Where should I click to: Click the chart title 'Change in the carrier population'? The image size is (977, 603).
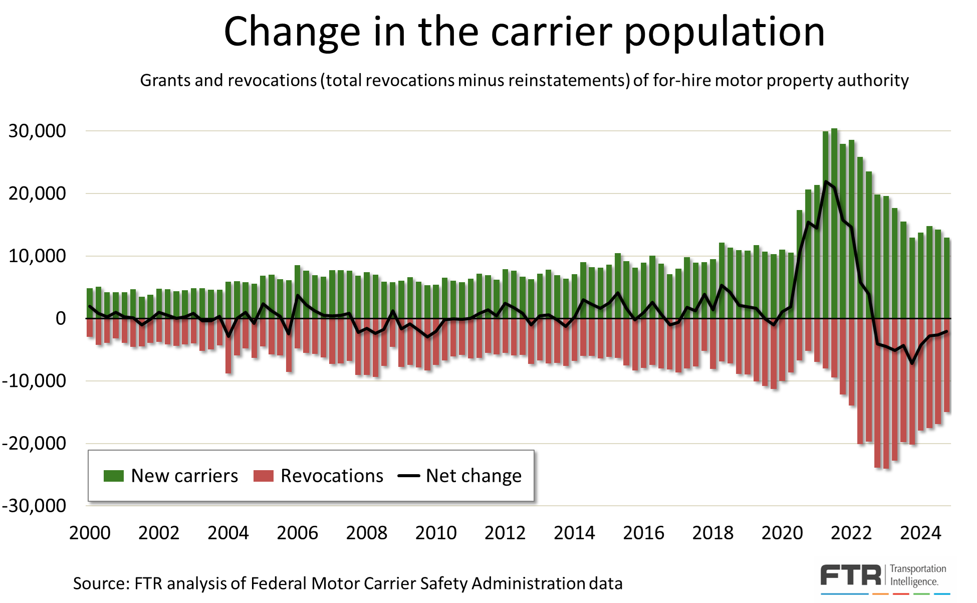pyautogui.click(x=524, y=32)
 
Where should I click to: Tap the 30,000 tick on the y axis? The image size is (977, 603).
pyautogui.click(x=37, y=131)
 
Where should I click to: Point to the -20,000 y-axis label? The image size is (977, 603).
pyautogui.click(x=34, y=444)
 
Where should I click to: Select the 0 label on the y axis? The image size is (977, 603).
pyautogui.click(x=61, y=319)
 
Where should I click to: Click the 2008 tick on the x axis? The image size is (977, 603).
pyautogui.click(x=366, y=533)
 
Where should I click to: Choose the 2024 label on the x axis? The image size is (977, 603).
pyautogui.click(x=920, y=533)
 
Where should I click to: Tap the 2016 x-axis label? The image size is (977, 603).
pyautogui.click(x=643, y=533)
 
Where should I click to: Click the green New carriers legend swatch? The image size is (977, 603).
pyautogui.click(x=113, y=476)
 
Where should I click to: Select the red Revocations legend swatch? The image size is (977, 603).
pyautogui.click(x=263, y=476)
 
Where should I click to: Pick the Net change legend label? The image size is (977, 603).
pyautogui.click(x=473, y=476)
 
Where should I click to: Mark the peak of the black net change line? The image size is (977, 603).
pyautogui.click(x=826, y=181)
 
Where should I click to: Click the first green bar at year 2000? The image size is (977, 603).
pyautogui.click(x=90, y=303)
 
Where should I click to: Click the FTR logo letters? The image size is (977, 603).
pyautogui.click(x=850, y=575)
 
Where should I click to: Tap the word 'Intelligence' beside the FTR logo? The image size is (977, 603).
pyautogui.click(x=913, y=581)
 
